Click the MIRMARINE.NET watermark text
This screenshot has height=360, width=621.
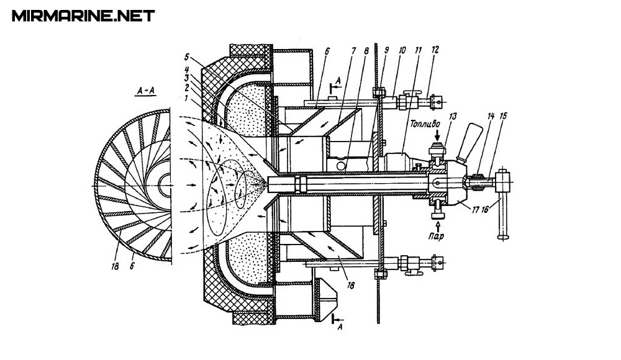(x=83, y=16)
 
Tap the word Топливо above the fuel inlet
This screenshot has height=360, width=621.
(x=425, y=124)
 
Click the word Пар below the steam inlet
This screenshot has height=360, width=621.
(x=436, y=236)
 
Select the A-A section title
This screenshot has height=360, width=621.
(x=146, y=91)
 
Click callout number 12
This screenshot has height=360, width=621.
(x=435, y=50)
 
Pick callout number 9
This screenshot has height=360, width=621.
(x=386, y=50)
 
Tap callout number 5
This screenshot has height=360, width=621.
(x=187, y=56)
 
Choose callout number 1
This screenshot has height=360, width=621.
(x=187, y=97)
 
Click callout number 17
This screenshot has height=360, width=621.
(x=475, y=210)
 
